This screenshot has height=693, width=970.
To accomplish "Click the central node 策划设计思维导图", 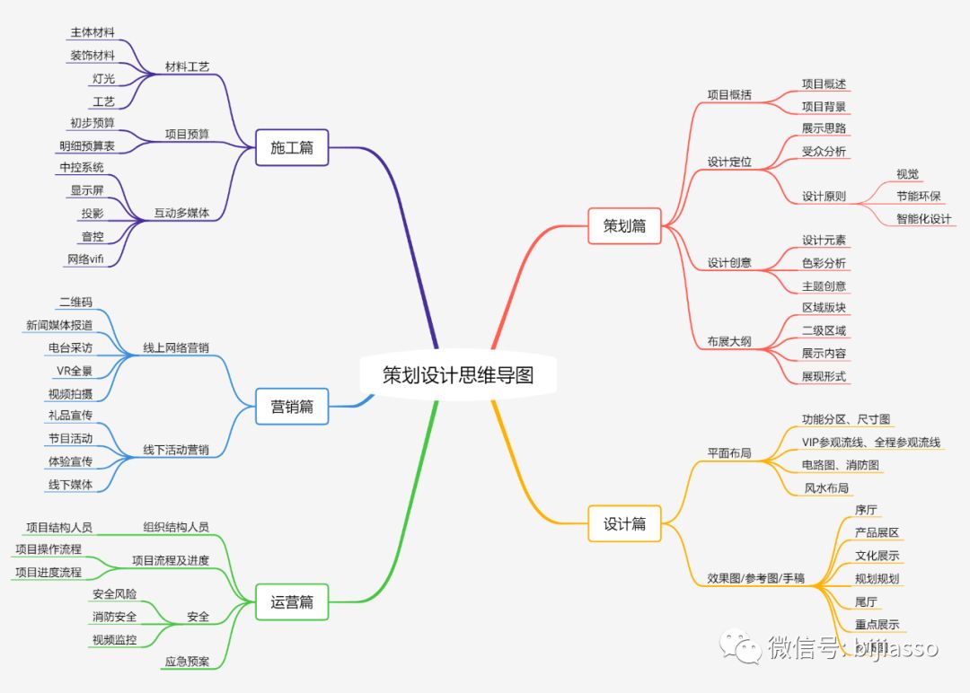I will pos(458,374).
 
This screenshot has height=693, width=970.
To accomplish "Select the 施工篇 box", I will pos(292,147).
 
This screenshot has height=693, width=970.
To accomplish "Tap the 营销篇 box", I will pos(292,406).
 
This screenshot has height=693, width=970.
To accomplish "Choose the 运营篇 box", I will pos(292,602).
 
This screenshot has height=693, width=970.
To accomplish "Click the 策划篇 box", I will pos(624,226).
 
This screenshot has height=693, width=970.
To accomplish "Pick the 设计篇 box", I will pos(624,523).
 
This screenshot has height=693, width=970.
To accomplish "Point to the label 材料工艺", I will pos(187,67).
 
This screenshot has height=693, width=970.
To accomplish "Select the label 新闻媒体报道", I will pos(59,325).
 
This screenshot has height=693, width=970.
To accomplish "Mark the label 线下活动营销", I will pos(176,450).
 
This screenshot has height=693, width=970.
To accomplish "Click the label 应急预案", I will pos(187,662).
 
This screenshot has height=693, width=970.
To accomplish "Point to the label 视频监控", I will pos(114,640).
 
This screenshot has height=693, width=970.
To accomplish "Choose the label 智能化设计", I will pos(923,218).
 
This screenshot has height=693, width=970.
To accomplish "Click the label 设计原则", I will pos(824,197).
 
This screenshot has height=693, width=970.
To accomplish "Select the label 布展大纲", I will pos(729,342).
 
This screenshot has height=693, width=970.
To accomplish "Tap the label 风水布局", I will pos(826,487).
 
